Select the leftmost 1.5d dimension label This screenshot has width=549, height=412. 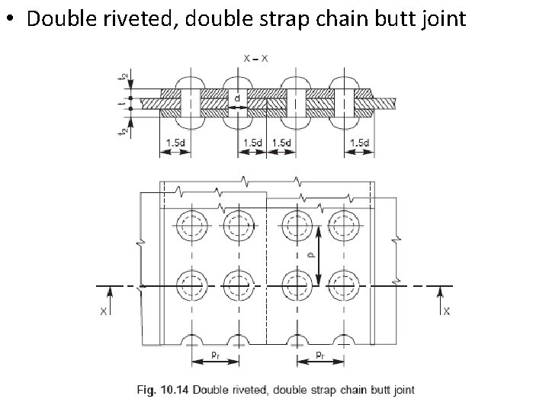click(175, 143)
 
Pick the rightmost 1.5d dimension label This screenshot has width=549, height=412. click(359, 143)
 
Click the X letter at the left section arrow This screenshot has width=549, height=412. click(102, 311)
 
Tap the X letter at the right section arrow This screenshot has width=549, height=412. click(446, 311)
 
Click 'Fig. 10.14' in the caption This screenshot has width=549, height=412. click(163, 390)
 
